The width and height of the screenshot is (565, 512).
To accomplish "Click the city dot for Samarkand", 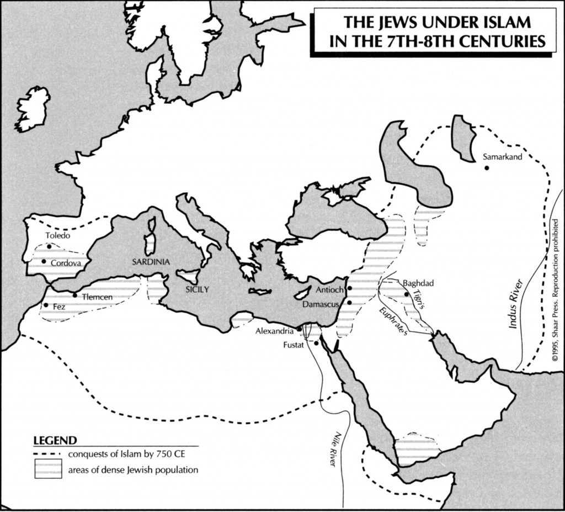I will (486, 167).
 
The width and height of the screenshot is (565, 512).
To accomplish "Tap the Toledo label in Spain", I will (58, 236).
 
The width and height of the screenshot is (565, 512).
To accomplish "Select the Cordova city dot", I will (44, 261).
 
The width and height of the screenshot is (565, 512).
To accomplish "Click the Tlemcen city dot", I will (75, 295).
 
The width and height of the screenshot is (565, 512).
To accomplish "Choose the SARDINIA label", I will (151, 262).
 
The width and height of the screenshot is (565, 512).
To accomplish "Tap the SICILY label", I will (198, 289).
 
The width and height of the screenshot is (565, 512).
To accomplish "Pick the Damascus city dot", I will (349, 303).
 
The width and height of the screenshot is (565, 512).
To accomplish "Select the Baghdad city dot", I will (407, 294).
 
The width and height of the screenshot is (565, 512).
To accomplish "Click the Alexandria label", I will (274, 331).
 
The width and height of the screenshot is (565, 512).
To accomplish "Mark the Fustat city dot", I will (316, 343).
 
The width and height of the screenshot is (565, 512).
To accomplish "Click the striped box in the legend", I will (48, 470).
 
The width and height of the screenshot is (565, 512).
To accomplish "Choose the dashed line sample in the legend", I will (47, 455).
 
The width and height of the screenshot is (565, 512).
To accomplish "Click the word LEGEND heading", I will (55, 441).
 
